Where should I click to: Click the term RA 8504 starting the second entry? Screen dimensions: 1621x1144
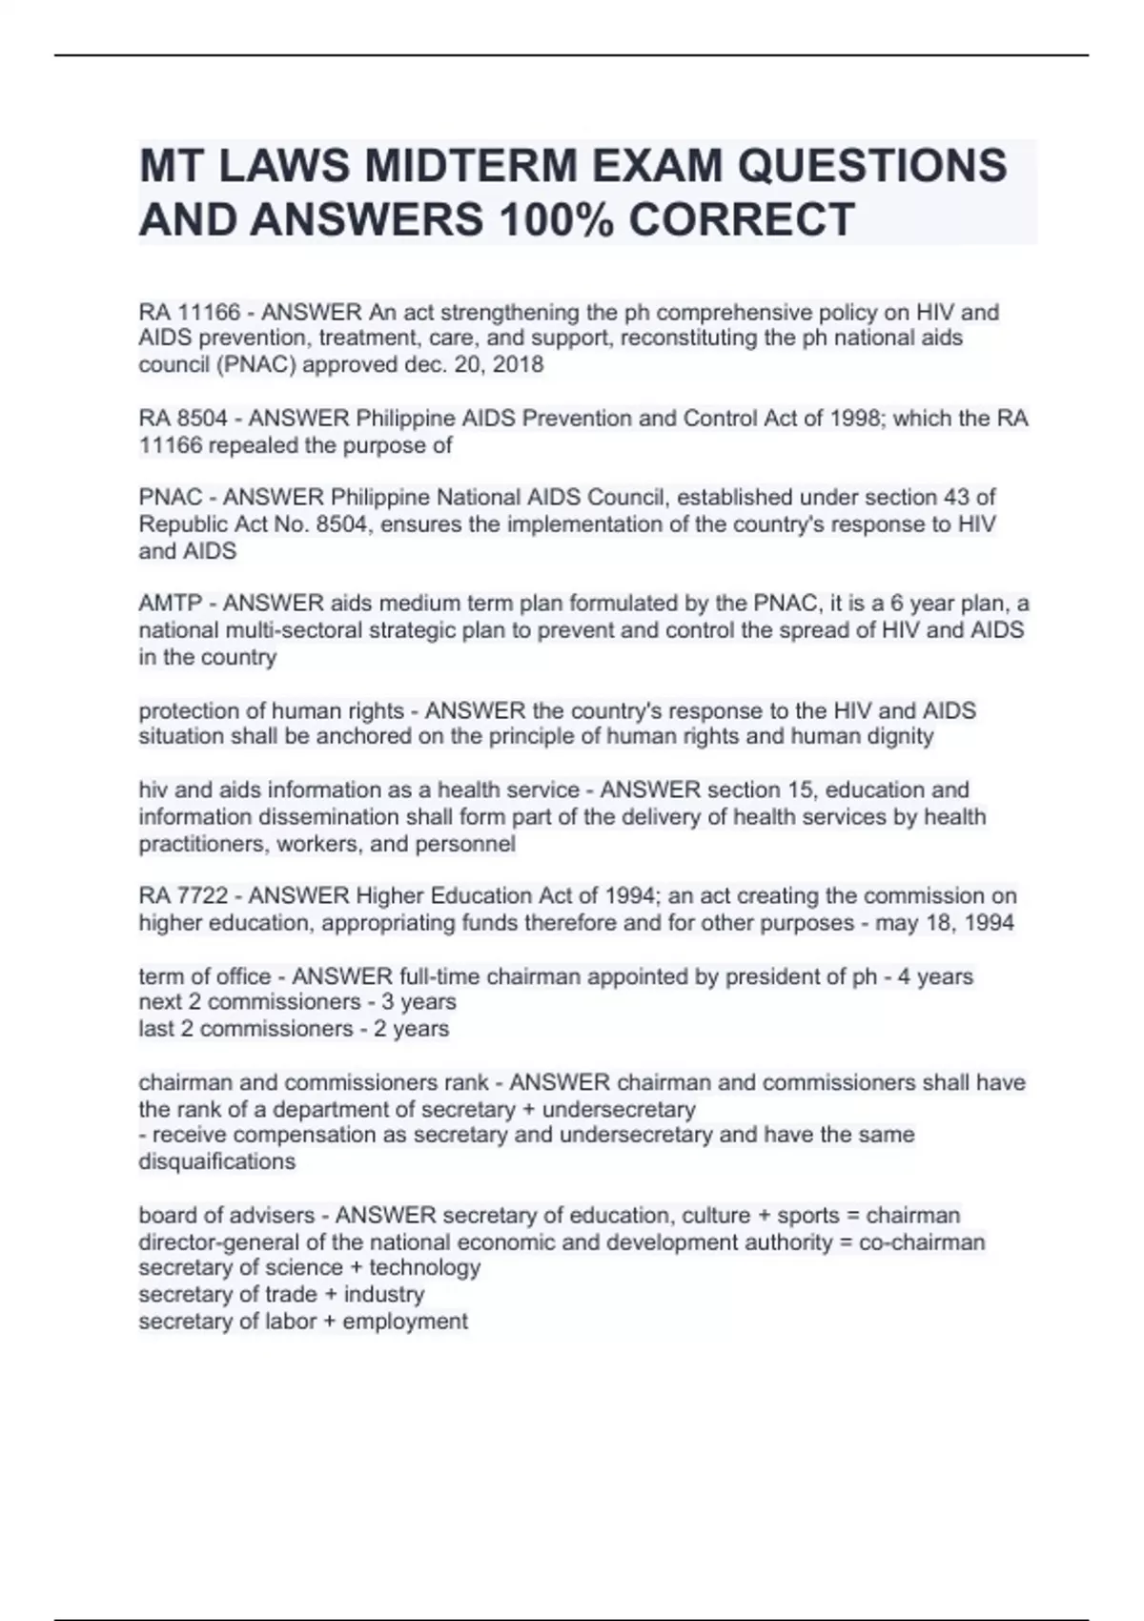click(x=183, y=419)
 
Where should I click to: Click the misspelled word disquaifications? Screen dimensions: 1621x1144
click(x=216, y=1161)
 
